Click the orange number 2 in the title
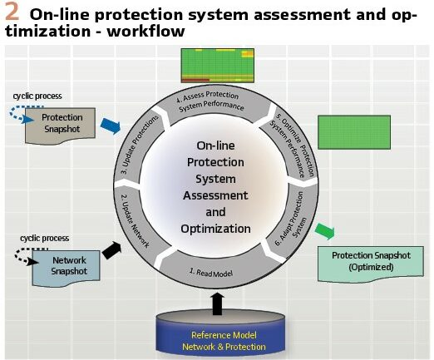click(12, 12)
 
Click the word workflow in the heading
click(145, 31)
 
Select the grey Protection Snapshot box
click(60, 126)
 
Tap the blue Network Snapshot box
click(66, 269)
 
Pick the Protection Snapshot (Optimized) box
click(371, 264)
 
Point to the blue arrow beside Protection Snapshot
click(111, 126)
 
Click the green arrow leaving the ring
click(325, 231)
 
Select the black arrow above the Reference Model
click(217, 303)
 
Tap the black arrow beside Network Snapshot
click(111, 250)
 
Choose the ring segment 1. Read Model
click(210, 269)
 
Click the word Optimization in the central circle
click(215, 229)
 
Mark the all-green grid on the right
click(354, 132)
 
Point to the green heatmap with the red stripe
click(218, 66)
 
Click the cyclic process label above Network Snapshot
click(45, 239)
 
